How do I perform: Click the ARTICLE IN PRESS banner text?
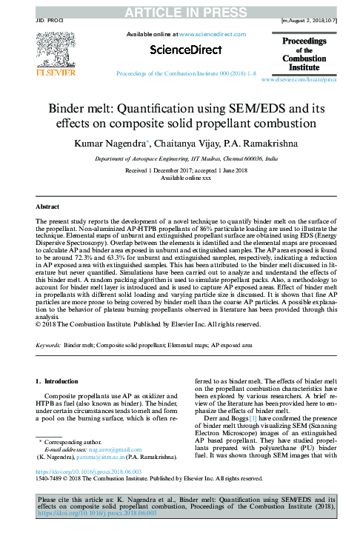click(x=180, y=11)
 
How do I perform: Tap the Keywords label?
click(x=49, y=345)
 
